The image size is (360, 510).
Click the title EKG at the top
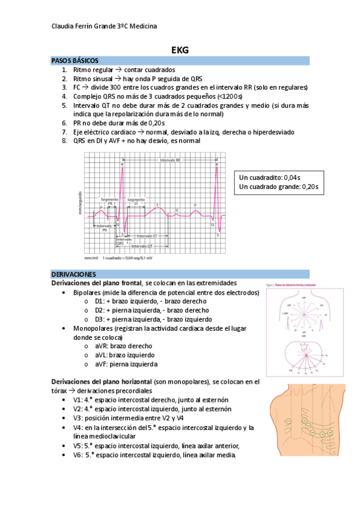click(x=180, y=51)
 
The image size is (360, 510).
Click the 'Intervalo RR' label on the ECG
click(x=171, y=161)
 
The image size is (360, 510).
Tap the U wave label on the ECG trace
click(x=176, y=209)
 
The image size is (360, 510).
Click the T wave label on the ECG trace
click(x=157, y=205)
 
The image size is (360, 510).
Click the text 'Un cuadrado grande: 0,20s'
click(x=278, y=187)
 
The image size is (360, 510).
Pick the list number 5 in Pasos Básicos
click(x=64, y=105)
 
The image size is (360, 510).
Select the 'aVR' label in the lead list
click(x=100, y=346)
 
